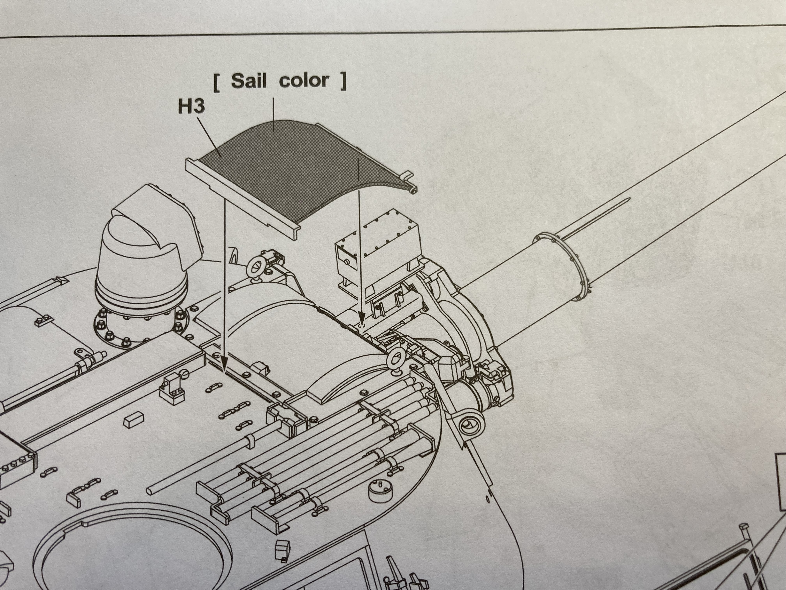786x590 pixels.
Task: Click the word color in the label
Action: pos(304,81)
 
